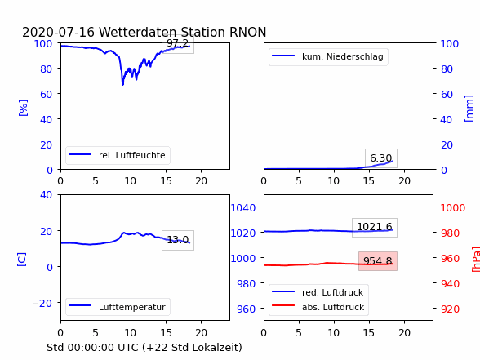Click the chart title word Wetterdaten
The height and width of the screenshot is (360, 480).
pos(137,32)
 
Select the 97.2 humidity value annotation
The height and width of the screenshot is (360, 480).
pos(178,43)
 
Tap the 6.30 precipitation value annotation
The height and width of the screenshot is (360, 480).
pos(380,158)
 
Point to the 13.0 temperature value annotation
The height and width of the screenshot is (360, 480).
pos(178,240)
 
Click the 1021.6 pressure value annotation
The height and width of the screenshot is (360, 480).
pos(375,227)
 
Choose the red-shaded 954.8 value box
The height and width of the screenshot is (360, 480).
pos(378,261)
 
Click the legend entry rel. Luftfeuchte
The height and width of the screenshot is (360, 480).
pos(118,155)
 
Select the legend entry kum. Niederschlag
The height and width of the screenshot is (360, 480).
pos(328,56)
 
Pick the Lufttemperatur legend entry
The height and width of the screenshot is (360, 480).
pos(118,307)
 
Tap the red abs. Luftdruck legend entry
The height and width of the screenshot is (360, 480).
pos(318,307)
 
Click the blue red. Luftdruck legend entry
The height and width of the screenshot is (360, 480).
pos(318,292)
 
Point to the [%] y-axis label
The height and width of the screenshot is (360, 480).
pos(23,108)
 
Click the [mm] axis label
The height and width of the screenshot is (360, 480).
pos(469,109)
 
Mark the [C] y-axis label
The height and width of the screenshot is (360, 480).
pos(21,260)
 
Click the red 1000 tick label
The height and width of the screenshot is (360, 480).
pos(453,208)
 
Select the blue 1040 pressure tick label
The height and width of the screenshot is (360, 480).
pos(243,208)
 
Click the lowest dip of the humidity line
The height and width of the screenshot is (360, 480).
pos(122,84)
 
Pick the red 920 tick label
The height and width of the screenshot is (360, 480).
pos(450,309)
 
